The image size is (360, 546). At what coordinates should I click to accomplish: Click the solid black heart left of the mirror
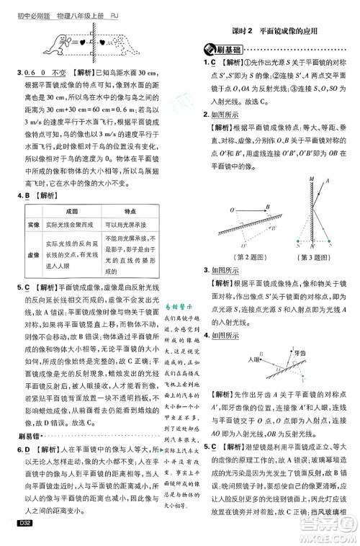[84, 41]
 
